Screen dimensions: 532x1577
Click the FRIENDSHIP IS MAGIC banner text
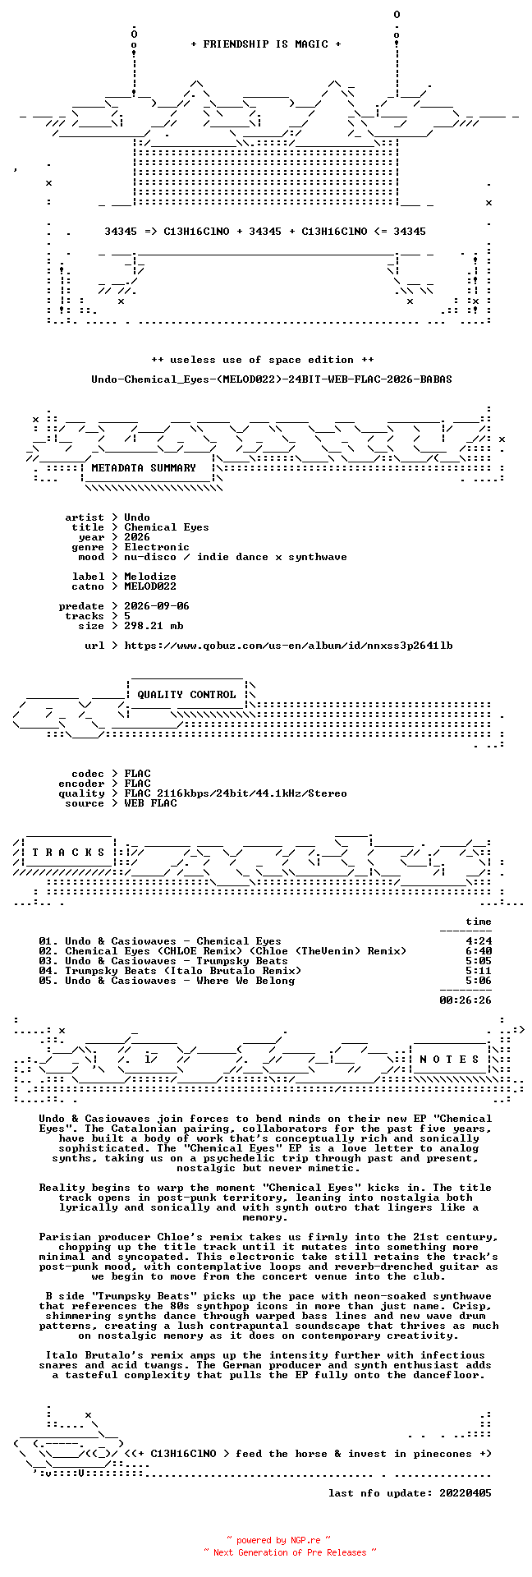pyautogui.click(x=265, y=44)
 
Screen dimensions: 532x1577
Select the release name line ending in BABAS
pyautogui.click(x=272, y=379)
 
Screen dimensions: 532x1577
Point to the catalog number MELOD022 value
pyautogui.click(x=150, y=586)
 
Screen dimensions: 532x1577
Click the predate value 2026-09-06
pyautogui.click(x=157, y=606)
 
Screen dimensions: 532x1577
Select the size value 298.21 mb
pyautogui.click(x=154, y=626)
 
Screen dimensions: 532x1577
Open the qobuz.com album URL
pyautogui.click(x=288, y=646)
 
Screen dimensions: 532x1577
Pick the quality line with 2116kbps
pyautogui.click(x=236, y=793)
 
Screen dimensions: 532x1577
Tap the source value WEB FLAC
pyautogui.click(x=150, y=803)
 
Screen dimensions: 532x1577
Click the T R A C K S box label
pyautogui.click(x=68, y=853)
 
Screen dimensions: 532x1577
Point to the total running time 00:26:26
pyautogui.click(x=465, y=1000)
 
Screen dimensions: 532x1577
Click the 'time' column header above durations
pyautogui.click(x=479, y=922)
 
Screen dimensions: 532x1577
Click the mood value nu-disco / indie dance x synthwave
pyautogui.click(x=236, y=557)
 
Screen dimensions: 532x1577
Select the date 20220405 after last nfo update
pyautogui.click(x=465, y=1493)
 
